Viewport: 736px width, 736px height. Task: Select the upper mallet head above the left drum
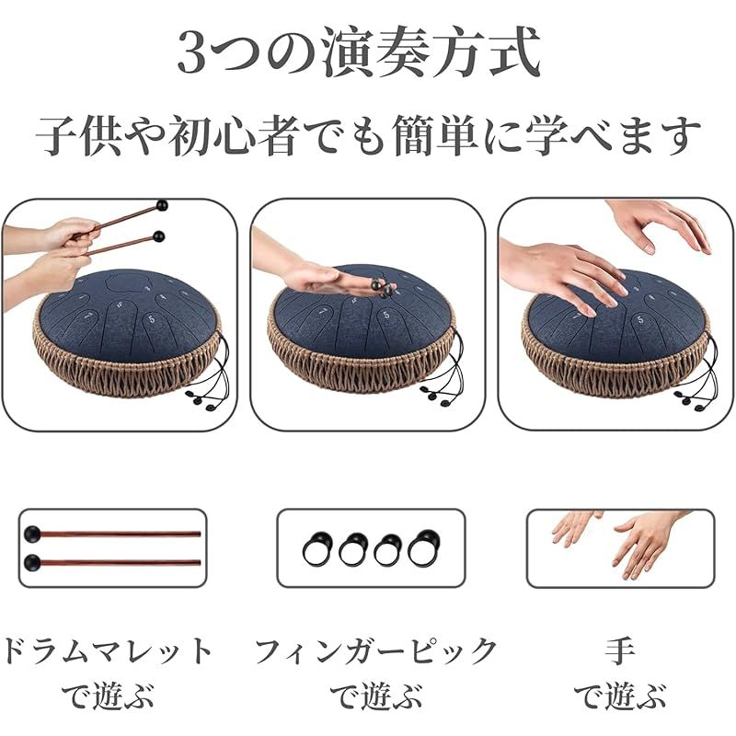(163, 205)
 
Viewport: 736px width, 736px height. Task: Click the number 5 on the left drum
(152, 320)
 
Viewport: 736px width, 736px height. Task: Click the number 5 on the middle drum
(385, 314)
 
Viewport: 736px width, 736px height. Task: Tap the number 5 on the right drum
(639, 320)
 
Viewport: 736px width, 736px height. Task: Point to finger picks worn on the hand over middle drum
(383, 288)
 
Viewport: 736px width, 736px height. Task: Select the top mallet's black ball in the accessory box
(33, 535)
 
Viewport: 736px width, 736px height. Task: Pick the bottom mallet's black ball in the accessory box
(32, 562)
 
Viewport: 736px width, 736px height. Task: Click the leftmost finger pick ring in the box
(317, 548)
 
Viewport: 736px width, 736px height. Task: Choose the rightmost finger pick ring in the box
(424, 547)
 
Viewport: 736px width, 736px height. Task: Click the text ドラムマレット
(107, 651)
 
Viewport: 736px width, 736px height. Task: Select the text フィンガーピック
(376, 651)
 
